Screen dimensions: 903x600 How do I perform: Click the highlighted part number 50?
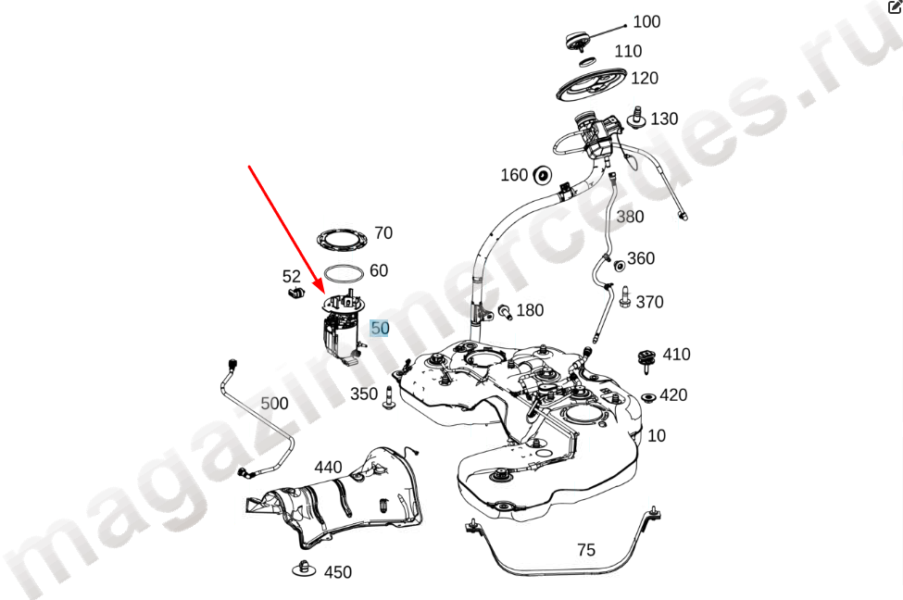coord(380,328)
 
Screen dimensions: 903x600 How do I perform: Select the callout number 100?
coord(646,22)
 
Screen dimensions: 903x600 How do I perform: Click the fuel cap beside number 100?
coord(578,42)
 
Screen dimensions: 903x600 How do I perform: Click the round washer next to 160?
coord(542,176)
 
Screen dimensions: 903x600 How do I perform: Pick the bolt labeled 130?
coord(637,117)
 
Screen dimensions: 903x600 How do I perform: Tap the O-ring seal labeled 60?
coord(344,273)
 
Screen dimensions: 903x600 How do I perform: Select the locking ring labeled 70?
coord(343,241)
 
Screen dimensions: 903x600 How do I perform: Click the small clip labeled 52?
coord(295,294)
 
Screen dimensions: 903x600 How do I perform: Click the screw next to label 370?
coord(625,297)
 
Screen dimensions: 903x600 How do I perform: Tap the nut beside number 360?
coord(620,266)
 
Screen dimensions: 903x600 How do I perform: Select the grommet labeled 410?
coord(648,360)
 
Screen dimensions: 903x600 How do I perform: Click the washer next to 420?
coord(648,397)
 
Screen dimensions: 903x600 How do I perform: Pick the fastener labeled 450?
coord(305,569)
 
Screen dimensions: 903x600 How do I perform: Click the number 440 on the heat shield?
coord(328,467)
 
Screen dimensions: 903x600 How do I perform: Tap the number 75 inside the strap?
coord(585,550)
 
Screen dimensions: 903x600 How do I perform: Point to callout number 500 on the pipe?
coord(274,403)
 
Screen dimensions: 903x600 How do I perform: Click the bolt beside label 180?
coord(505,311)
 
